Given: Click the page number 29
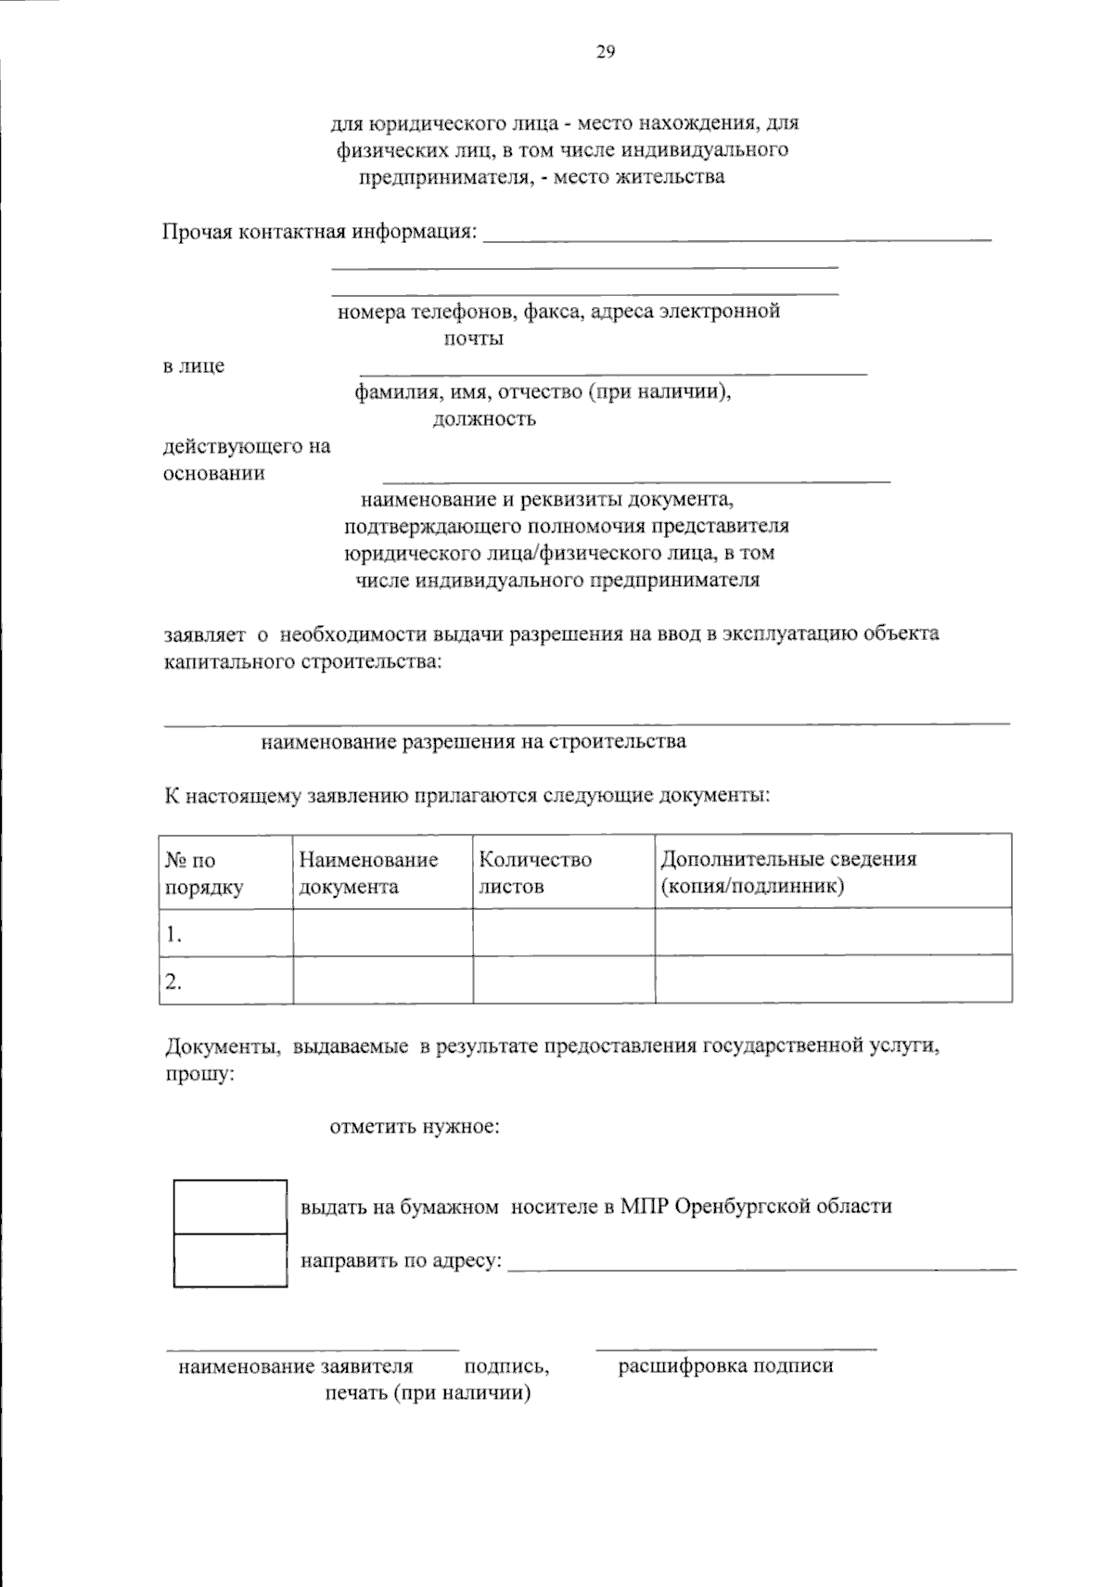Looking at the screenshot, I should pyautogui.click(x=605, y=52).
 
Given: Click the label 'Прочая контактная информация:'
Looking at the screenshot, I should pyautogui.click(x=321, y=231).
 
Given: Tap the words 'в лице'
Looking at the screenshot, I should pyautogui.click(x=194, y=365).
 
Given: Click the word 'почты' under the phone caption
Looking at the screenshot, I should pyautogui.click(x=473, y=338).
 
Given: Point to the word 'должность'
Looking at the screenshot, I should pyautogui.click(x=484, y=418).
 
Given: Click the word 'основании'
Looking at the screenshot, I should pyautogui.click(x=214, y=473).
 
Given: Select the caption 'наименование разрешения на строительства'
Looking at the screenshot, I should pyautogui.click(x=473, y=741).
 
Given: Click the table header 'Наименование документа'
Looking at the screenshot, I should pyautogui.click(x=368, y=872).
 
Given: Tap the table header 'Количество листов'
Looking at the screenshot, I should pyautogui.click(x=535, y=872).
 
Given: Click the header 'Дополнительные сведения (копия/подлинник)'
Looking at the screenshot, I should pyautogui.click(x=787, y=872).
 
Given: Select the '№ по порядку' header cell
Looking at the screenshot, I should pyautogui.click(x=204, y=872).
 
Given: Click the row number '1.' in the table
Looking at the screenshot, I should pyautogui.click(x=173, y=935).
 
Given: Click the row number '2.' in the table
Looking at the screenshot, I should pyautogui.click(x=173, y=982).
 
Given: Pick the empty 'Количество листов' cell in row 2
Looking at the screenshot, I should pyautogui.click(x=564, y=979).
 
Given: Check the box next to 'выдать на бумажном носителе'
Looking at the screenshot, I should pyautogui.click(x=230, y=1206).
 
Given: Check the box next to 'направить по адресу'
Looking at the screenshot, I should pyautogui.click(x=230, y=1260).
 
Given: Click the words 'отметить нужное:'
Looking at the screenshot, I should pyautogui.click(x=416, y=1128).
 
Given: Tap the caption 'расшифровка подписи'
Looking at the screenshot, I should pyautogui.click(x=725, y=1365).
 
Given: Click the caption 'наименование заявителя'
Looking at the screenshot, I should pyautogui.click(x=296, y=1366).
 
